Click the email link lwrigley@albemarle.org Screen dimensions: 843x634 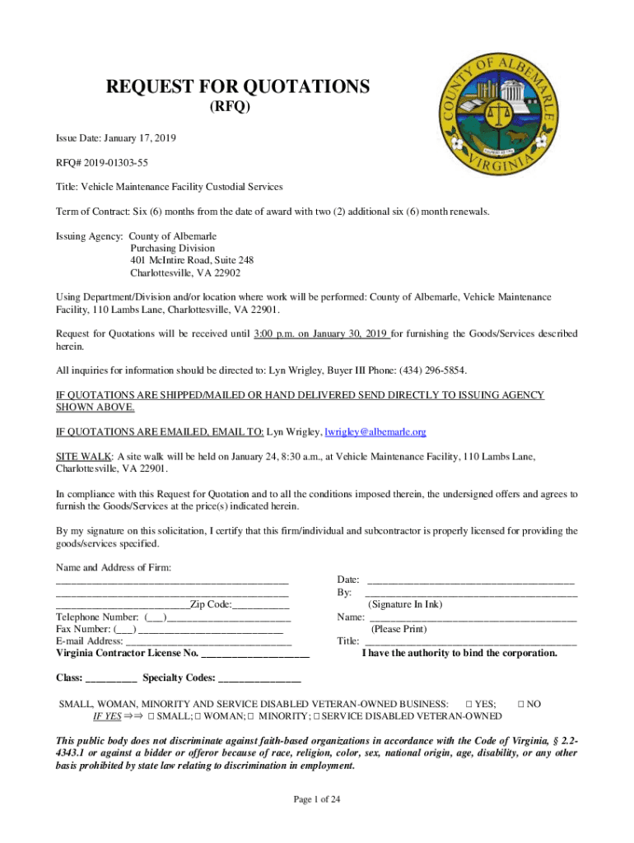pyautogui.click(x=375, y=431)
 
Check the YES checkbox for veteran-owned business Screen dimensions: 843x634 pyautogui.click(x=469, y=705)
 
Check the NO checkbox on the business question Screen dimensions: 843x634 pyautogui.click(x=520, y=705)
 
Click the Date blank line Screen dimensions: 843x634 pyautogui.click(x=469, y=581)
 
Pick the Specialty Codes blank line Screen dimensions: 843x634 pyautogui.click(x=259, y=679)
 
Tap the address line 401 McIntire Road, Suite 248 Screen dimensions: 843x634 pyautogui.click(x=186, y=260)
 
